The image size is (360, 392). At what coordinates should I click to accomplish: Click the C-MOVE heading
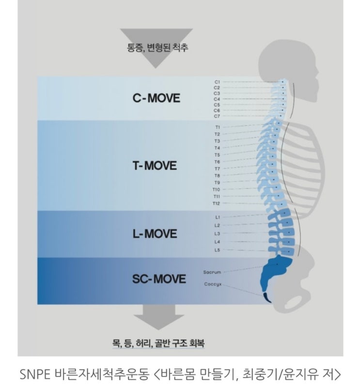(156, 98)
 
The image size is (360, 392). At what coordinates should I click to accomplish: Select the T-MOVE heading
(155, 166)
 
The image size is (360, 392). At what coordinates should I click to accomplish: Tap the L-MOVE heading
(155, 234)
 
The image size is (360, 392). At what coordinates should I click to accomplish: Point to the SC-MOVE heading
(159, 279)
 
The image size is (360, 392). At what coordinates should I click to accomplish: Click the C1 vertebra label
(217, 82)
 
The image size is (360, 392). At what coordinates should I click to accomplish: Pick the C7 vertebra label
(217, 116)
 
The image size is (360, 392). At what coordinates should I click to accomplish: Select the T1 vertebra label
(217, 127)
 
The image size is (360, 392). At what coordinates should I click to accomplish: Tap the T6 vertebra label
(217, 162)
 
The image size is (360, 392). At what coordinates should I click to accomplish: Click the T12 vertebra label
(216, 204)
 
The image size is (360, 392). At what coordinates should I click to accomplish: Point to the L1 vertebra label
(218, 217)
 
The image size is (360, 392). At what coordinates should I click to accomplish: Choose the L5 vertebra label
(217, 250)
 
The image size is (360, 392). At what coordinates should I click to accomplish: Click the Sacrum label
(212, 272)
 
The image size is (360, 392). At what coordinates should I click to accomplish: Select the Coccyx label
(213, 284)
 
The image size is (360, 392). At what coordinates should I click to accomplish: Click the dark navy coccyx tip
(267, 298)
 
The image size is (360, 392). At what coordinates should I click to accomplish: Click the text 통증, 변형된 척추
(157, 47)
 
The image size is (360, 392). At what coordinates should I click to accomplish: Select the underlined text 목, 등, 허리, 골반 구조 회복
(158, 343)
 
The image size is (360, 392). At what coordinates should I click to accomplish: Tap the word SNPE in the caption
(35, 374)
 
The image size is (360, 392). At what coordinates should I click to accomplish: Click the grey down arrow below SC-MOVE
(158, 317)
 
